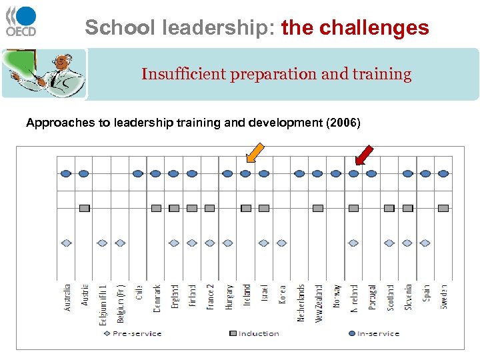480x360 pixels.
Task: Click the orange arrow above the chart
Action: [254, 153]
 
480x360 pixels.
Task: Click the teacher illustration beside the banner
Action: [44, 73]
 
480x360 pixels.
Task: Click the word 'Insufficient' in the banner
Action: [183, 74]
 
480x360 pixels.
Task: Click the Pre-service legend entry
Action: [134, 333]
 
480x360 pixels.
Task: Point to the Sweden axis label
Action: [444, 297]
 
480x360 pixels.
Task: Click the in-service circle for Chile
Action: [137, 173]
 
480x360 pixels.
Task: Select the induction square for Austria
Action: [84, 208]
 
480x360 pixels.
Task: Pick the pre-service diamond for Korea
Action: [281, 243]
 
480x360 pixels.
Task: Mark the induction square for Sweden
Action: [443, 208]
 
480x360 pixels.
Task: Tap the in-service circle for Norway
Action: [335, 173]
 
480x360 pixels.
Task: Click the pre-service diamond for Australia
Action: [66, 243]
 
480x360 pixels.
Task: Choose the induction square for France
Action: [209, 208]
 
